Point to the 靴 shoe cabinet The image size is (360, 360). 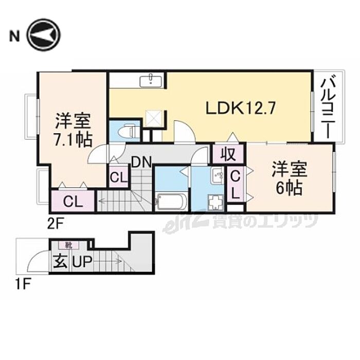[x=68, y=245]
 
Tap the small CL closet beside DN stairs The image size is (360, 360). [x=118, y=178]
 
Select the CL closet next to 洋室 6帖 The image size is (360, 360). [x=235, y=185]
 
